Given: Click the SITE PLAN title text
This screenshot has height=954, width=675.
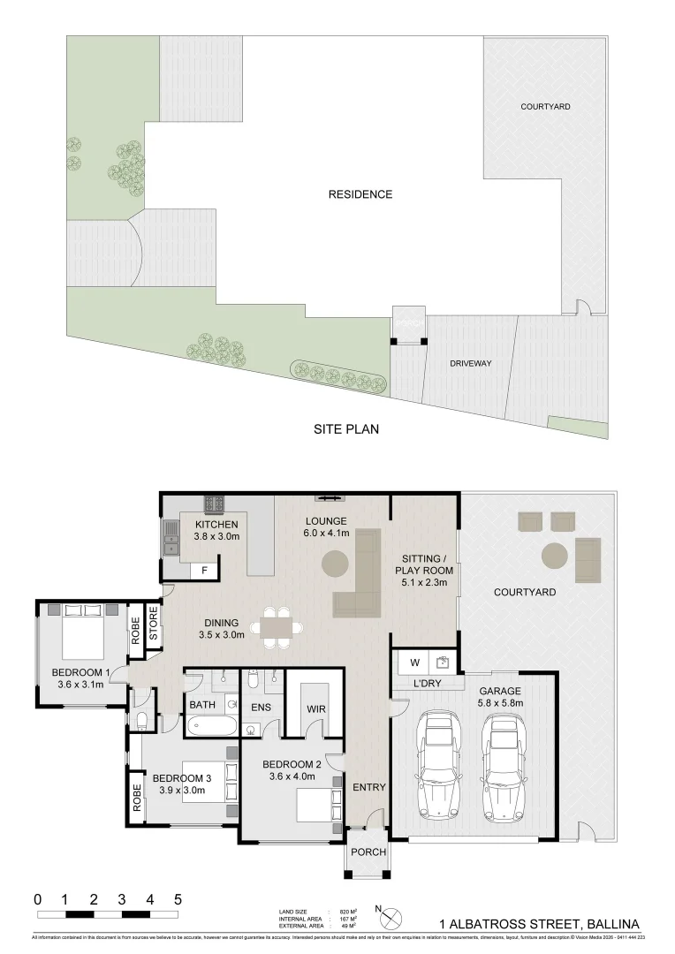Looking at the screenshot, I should pos(347,430).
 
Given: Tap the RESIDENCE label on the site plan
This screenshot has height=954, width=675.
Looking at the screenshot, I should pos(360,194).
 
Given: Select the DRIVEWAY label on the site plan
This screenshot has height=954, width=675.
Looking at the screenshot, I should pos(470,363).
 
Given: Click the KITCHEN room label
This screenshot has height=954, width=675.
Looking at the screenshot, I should pos(216,526).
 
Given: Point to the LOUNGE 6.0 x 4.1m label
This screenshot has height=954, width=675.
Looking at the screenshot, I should pos(326,526).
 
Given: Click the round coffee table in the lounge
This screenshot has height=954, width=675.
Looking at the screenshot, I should pos(335,563).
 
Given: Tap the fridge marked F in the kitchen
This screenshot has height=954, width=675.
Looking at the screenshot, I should pos(205,571).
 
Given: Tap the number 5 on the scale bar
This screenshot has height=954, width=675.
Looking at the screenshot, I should pos(178,898).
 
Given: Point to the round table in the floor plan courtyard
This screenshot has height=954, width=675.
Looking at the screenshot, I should pos(555,555).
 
